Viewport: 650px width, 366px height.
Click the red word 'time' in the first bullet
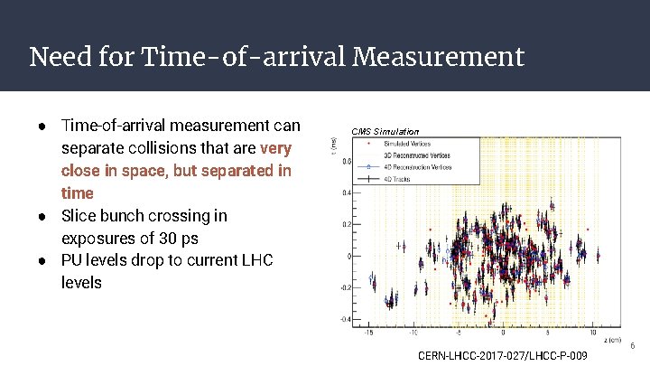(78, 193)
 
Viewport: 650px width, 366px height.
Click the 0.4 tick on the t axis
(346, 192)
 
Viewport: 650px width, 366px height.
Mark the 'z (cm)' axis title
(616, 339)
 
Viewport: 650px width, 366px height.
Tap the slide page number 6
(632, 345)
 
